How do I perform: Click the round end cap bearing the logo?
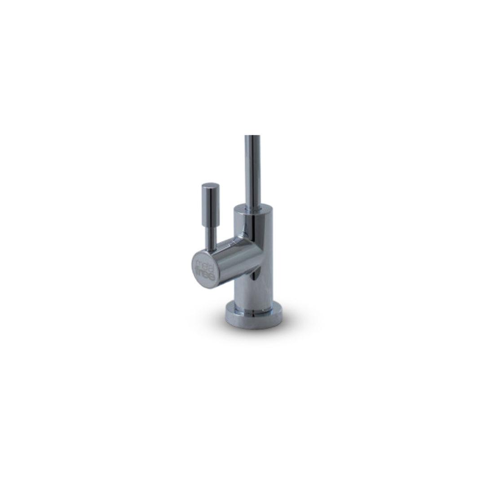click(205, 265)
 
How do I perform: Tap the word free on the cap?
click(205, 270)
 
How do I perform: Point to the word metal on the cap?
click(203, 261)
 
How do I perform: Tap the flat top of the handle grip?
click(210, 185)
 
